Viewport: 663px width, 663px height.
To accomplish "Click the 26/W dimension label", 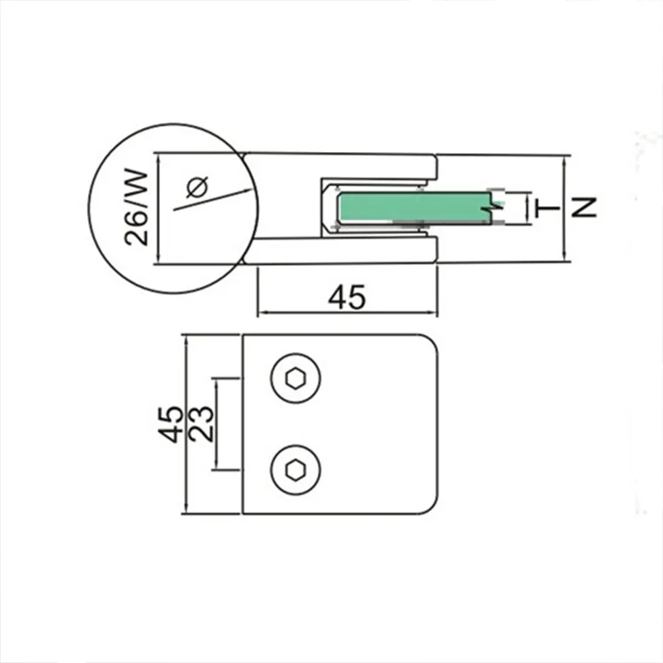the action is pyautogui.click(x=137, y=208).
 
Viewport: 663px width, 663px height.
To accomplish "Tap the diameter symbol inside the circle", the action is pyautogui.click(x=197, y=187).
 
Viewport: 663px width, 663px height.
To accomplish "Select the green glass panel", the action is pyautogui.click(x=415, y=207).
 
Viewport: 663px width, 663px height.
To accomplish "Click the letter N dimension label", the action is pyautogui.click(x=583, y=207).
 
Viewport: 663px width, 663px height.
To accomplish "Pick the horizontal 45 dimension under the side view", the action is pyautogui.click(x=347, y=297).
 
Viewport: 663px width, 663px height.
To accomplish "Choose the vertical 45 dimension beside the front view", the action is pyautogui.click(x=171, y=424).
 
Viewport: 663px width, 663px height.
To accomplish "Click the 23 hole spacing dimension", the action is pyautogui.click(x=202, y=424).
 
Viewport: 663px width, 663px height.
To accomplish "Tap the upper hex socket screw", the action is pyautogui.click(x=295, y=378).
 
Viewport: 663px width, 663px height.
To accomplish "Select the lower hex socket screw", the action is pyautogui.click(x=295, y=469).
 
